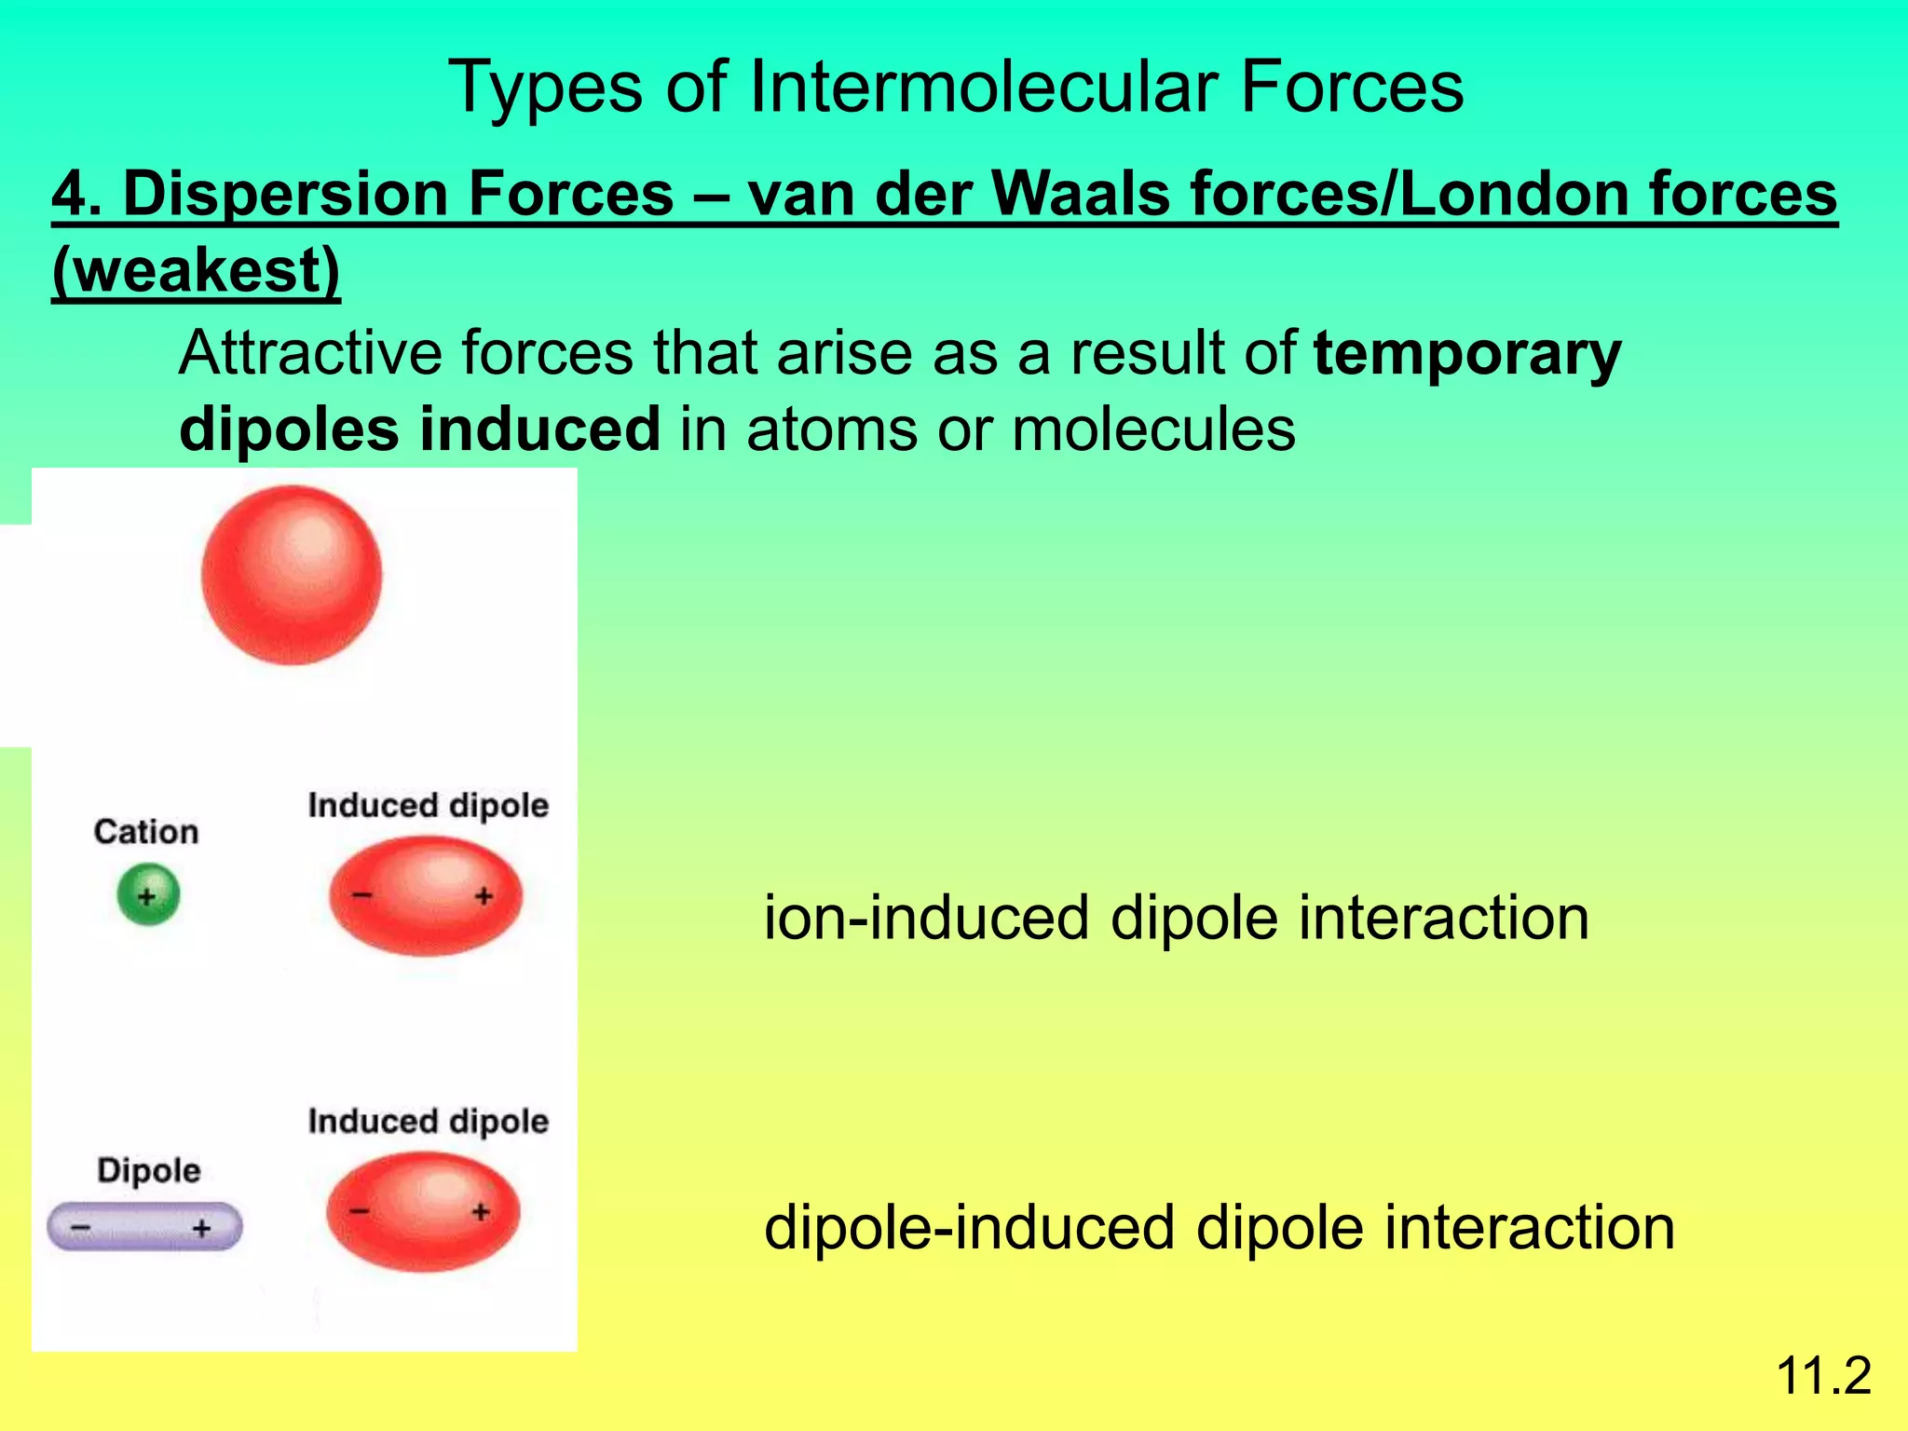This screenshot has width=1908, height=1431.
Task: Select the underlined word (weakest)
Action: pos(197,270)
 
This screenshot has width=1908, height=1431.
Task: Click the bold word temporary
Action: pos(1467,354)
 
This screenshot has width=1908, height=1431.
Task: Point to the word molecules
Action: pos(1152,429)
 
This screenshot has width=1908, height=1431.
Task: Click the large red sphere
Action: pos(292,575)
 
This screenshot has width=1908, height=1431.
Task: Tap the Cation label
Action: pos(146,831)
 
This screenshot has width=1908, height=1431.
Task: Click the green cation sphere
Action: pos(148,895)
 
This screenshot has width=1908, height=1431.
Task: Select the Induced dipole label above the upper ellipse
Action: pos(429,805)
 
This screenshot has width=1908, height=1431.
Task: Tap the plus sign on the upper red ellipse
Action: pos(484,896)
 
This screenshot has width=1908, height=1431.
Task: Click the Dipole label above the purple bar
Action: pos(149,1170)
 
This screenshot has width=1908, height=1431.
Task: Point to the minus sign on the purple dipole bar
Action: pos(81,1229)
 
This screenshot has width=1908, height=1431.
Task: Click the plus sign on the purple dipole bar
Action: pos(201,1229)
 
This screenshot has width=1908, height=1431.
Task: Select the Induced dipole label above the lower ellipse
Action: pos(429,1121)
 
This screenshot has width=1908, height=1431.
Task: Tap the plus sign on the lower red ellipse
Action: pos(481,1211)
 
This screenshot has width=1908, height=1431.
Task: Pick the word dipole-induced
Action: pos(969,1227)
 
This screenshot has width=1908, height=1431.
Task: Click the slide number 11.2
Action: pos(1823,1375)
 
